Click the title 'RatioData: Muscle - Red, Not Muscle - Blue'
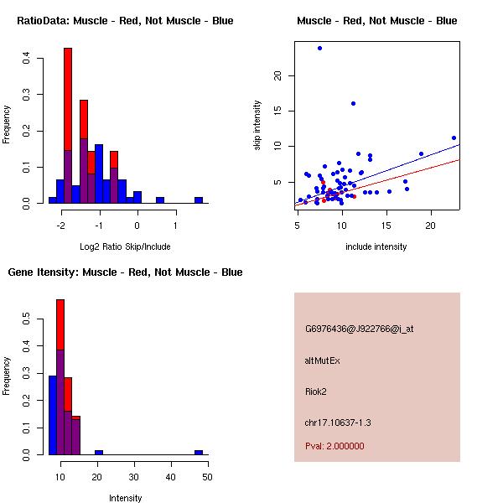(x=125, y=20)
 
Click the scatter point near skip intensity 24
(x=319, y=48)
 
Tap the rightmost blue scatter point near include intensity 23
(x=454, y=137)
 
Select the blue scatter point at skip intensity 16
(x=353, y=104)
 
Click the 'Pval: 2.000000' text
(x=334, y=446)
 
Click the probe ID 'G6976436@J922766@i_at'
(x=359, y=329)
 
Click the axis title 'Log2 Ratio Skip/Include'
(x=125, y=246)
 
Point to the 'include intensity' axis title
(x=376, y=246)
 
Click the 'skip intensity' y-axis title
(x=257, y=126)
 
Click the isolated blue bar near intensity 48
(x=199, y=452)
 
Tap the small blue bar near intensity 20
(x=99, y=452)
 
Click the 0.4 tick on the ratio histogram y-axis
(x=28, y=59)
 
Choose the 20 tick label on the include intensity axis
(x=431, y=226)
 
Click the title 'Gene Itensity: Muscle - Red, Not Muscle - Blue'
(x=125, y=272)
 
